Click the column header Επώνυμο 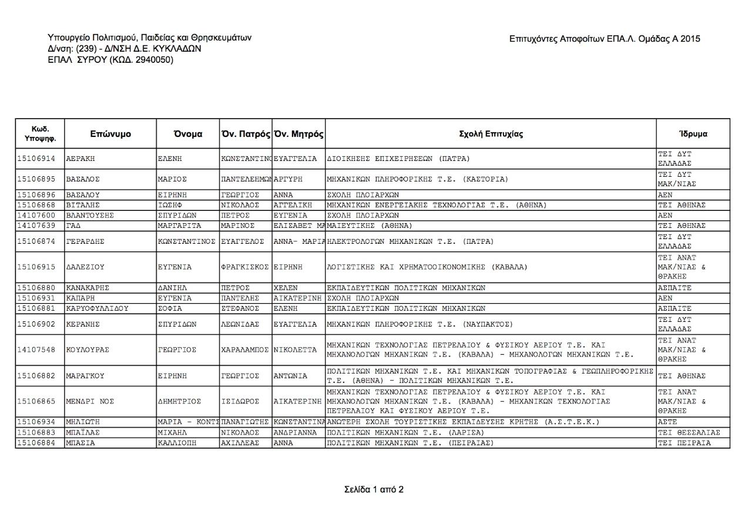[x=110, y=134]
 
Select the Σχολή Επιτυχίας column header [x=491, y=134]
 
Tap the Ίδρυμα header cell [x=693, y=134]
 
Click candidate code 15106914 [x=36, y=159]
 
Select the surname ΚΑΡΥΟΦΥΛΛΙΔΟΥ [x=98, y=308]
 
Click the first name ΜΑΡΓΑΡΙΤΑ [x=180, y=226]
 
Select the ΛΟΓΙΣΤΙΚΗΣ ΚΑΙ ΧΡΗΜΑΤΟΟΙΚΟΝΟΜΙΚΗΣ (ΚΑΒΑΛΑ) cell [x=427, y=267]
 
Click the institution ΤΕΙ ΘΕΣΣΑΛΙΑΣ [x=689, y=433]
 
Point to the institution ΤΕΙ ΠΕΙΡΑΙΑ [x=684, y=443]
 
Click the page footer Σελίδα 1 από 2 [x=374, y=489]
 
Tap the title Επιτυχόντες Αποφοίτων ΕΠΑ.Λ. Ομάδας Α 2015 [x=605, y=39]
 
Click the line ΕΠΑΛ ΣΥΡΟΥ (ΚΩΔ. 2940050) [x=110, y=59]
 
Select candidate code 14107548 [x=36, y=350]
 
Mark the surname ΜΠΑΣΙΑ [x=80, y=443]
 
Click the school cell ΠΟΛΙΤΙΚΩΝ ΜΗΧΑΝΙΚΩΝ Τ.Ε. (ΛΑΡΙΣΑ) [x=409, y=433]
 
